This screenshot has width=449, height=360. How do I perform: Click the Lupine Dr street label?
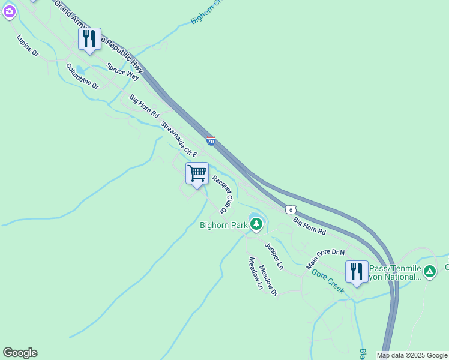tap(28, 46)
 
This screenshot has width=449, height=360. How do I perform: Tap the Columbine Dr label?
tap(82, 76)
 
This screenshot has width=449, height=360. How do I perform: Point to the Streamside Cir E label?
tap(179, 140)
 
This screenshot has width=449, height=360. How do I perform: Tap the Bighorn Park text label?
tap(224, 225)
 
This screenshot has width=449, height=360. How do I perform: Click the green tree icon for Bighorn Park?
tap(257, 224)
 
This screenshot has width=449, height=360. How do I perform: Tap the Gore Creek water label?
tap(328, 280)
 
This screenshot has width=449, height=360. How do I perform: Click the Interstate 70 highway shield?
tap(211, 141)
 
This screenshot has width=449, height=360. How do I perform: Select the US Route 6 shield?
tap(291, 209)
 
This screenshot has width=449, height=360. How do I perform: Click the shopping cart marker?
tap(197, 173)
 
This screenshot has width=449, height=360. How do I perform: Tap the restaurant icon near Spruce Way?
tap(89, 39)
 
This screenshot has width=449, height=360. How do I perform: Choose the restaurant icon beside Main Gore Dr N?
tap(357, 271)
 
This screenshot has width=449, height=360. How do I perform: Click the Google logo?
tap(20, 353)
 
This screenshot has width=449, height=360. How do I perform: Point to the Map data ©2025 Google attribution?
tap(412, 355)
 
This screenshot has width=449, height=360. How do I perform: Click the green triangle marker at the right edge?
tap(430, 271)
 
